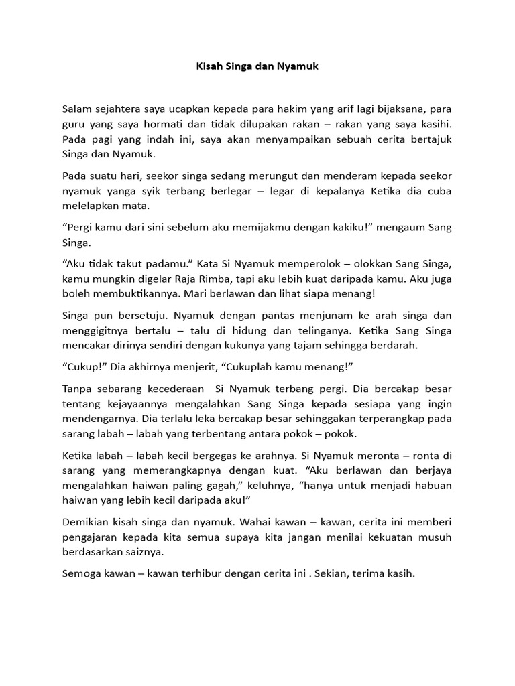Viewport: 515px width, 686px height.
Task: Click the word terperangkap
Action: [x=389, y=419]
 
